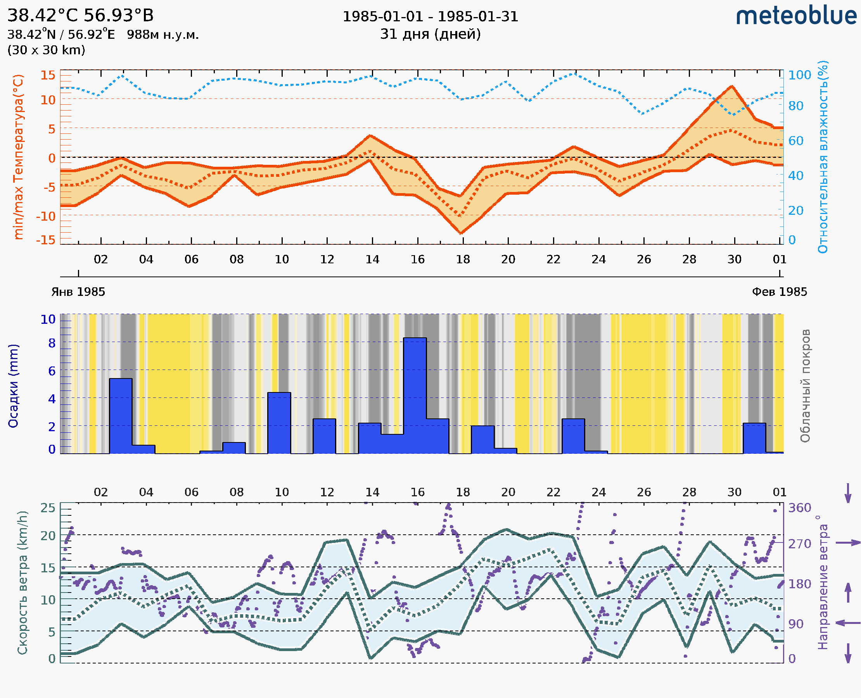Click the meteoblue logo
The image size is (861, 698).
(796, 16)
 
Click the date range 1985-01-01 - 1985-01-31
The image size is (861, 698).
(430, 17)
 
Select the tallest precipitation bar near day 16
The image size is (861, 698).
(415, 396)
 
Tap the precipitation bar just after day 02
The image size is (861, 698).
(121, 416)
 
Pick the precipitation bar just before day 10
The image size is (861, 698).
(279, 423)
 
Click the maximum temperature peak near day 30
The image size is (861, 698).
(732, 86)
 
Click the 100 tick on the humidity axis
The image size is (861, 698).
(799, 75)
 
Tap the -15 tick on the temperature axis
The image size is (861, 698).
(45, 240)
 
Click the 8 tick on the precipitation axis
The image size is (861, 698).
(52, 343)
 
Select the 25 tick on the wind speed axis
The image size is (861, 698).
(48, 508)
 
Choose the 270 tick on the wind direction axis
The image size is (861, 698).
(799, 544)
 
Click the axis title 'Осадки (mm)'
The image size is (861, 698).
(13, 386)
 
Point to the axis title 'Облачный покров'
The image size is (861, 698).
(805, 386)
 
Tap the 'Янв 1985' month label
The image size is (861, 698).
(78, 292)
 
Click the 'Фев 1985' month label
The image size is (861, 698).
(780, 292)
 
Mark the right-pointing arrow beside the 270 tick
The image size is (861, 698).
(848, 543)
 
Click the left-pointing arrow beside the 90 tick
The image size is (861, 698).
(848, 623)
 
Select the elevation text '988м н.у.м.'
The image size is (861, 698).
(163, 35)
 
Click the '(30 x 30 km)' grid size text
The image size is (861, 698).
(46, 50)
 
